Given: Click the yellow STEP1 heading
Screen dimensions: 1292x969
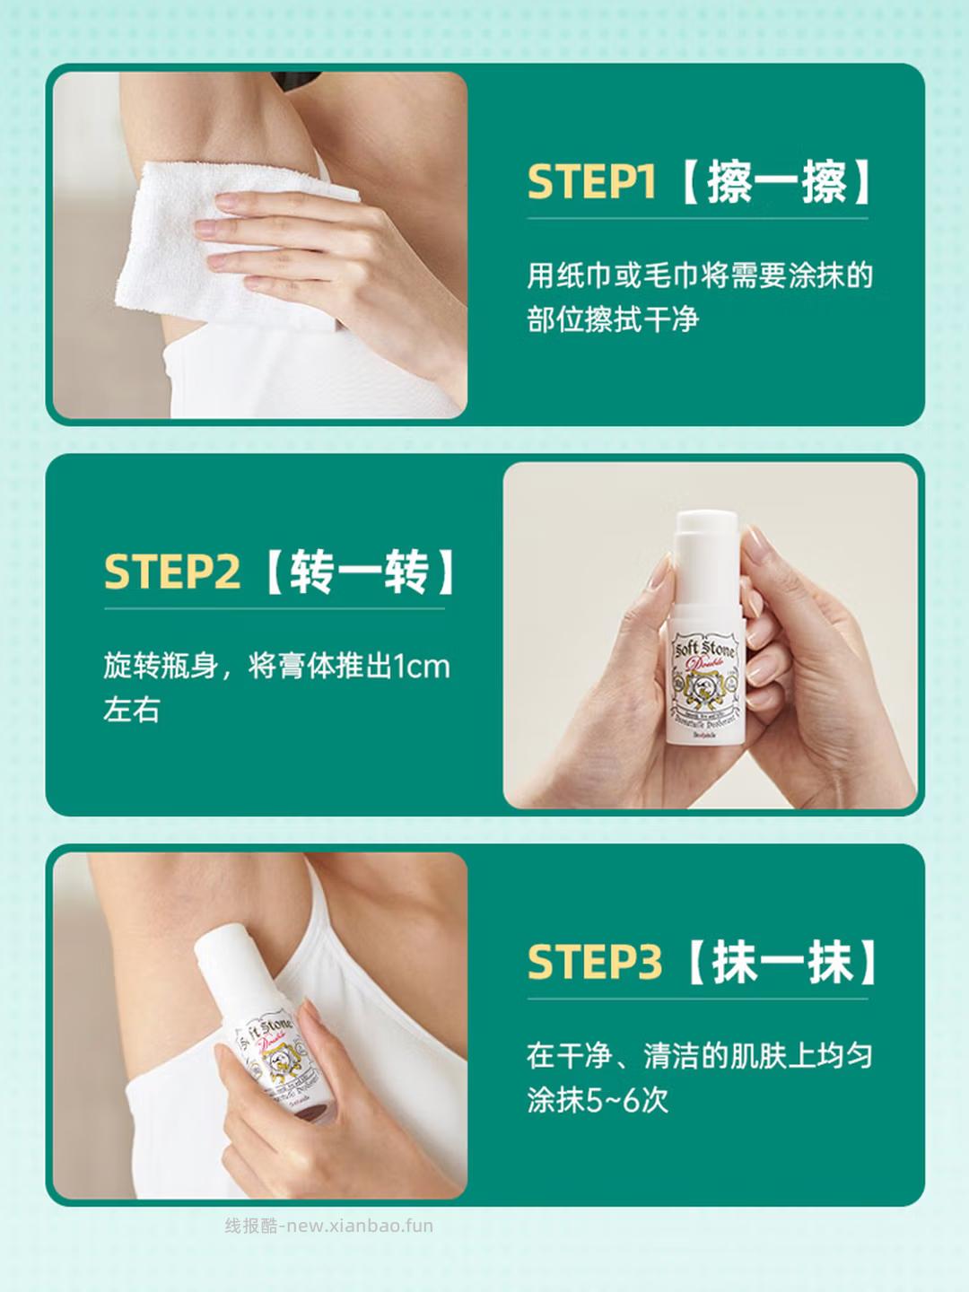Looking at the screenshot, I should pyautogui.click(x=590, y=182).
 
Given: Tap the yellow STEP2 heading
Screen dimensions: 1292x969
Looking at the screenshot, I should pyautogui.click(x=171, y=572).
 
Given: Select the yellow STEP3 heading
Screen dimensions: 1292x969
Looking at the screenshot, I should pyautogui.click(x=594, y=963).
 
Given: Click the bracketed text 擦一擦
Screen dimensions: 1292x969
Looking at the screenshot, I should pyautogui.click(x=777, y=182).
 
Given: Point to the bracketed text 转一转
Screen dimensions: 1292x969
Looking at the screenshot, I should pyautogui.click(x=360, y=572).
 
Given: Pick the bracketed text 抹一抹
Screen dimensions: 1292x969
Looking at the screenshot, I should pyautogui.click(x=781, y=963).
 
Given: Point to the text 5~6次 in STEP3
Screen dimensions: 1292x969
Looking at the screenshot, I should pyautogui.click(x=627, y=1100).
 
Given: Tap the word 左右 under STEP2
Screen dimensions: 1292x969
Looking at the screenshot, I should pyautogui.click(x=132, y=711).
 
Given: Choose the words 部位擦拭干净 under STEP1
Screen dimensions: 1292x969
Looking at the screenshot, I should pyautogui.click(x=613, y=319).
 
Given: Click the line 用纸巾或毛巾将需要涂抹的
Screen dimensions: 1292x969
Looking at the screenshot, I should pyautogui.click(x=699, y=275).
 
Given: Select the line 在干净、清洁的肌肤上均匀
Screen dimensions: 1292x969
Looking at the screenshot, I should pyautogui.click(x=699, y=1056).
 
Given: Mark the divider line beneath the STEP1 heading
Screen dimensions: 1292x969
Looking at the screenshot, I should pyautogui.click(x=697, y=218).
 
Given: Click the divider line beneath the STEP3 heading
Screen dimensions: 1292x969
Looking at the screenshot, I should pyautogui.click(x=697, y=999).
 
